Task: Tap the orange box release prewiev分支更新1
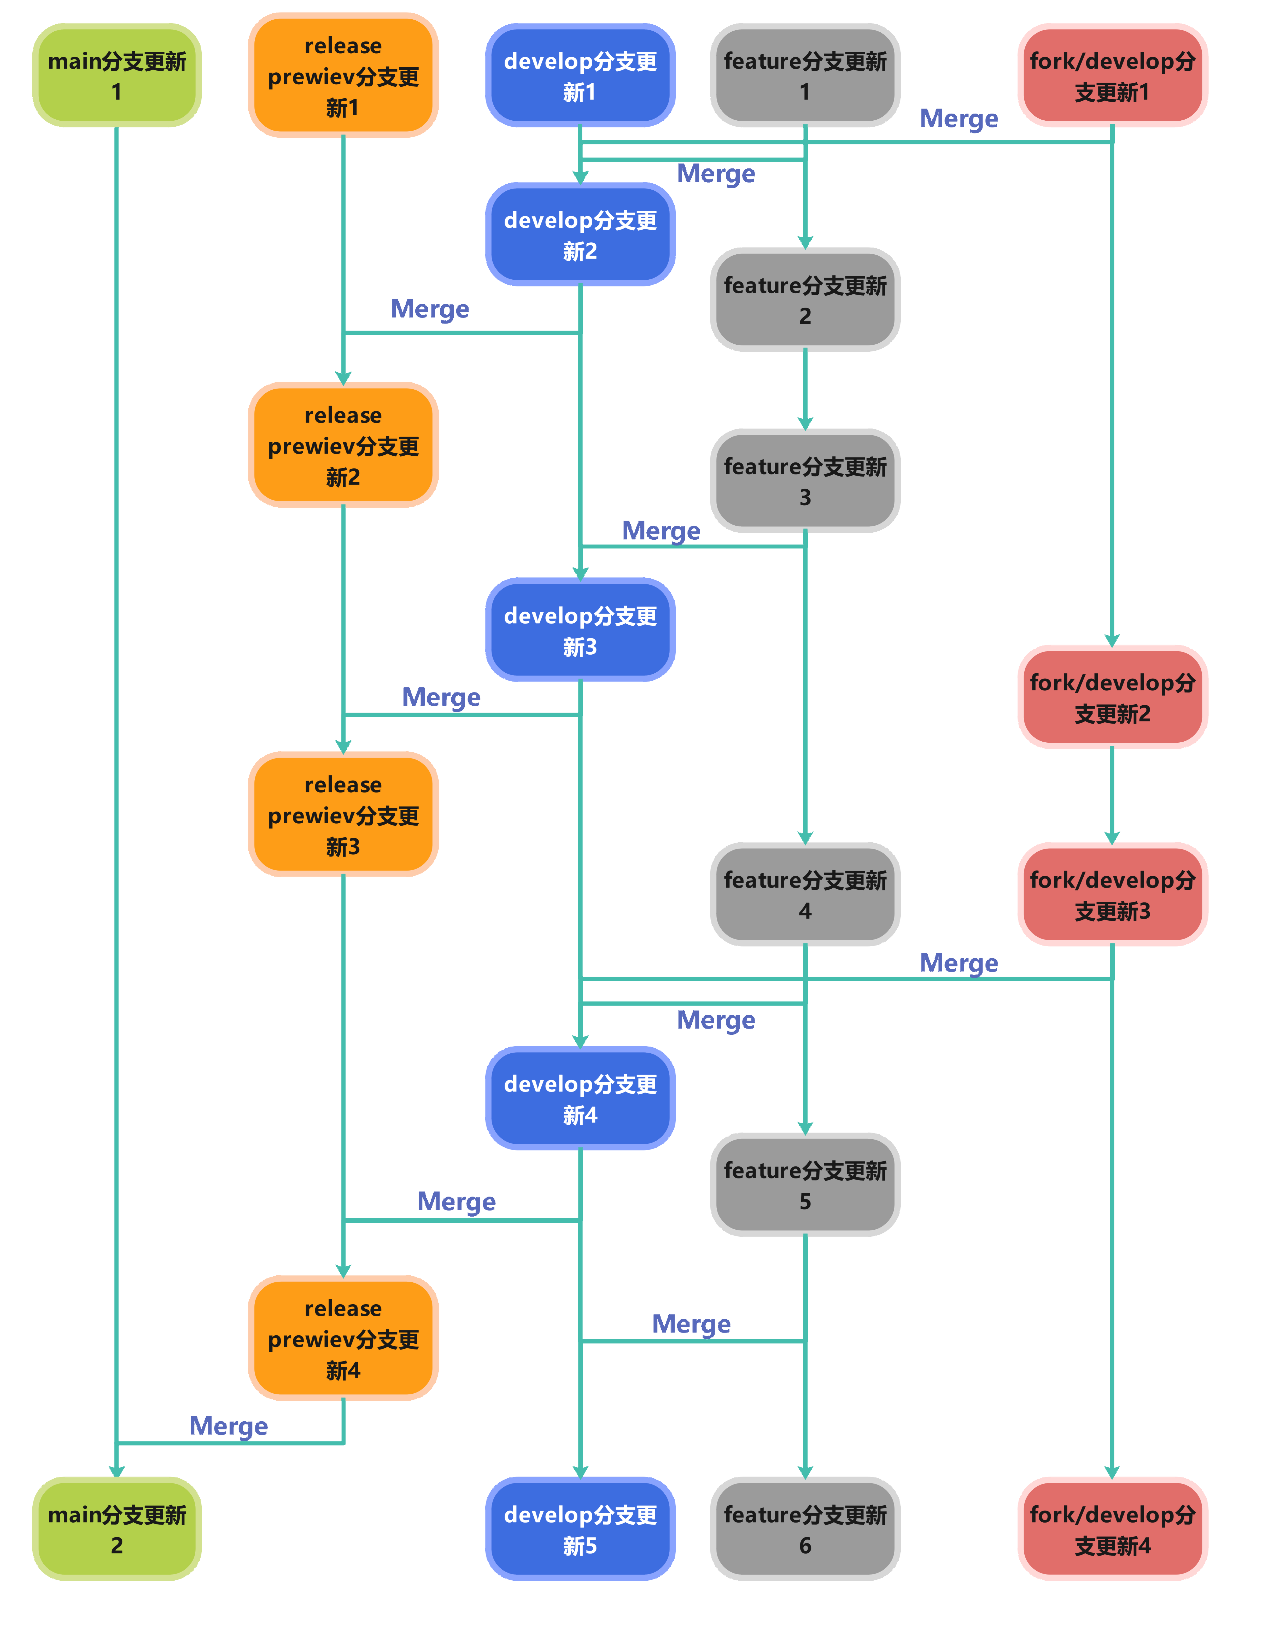[343, 76]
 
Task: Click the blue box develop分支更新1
[580, 76]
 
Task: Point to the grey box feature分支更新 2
[804, 300]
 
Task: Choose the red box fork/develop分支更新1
[1112, 76]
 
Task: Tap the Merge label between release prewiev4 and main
[228, 1425]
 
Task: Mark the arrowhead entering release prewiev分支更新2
[343, 378]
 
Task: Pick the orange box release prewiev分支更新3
[343, 815]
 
